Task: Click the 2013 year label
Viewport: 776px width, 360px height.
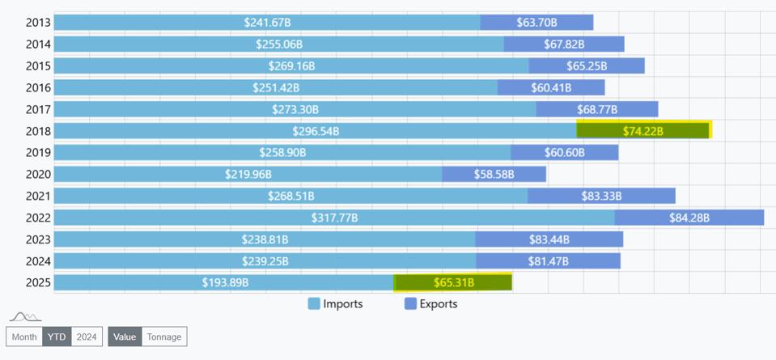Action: point(38,23)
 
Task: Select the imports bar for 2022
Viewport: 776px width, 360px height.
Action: point(334,218)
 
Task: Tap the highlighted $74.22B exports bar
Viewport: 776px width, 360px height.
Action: point(643,131)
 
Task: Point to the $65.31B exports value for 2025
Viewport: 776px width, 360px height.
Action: point(453,282)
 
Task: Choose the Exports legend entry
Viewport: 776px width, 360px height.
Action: point(430,304)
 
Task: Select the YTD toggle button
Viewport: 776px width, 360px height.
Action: point(57,337)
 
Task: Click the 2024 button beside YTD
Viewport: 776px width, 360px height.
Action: point(87,337)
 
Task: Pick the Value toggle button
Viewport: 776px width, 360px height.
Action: point(125,337)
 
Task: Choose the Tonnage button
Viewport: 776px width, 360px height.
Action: point(164,337)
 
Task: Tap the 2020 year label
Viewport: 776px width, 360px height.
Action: point(38,174)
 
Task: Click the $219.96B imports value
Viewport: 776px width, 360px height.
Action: point(248,174)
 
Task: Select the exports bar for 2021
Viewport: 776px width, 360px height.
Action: point(601,196)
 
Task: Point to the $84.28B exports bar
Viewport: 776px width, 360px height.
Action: point(689,218)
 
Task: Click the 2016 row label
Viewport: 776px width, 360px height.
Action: point(38,87)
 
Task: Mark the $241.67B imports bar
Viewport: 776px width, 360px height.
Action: point(267,23)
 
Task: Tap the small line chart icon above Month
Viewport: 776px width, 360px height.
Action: point(25,316)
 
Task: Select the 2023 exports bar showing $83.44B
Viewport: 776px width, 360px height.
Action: point(549,239)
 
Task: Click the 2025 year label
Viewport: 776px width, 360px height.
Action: point(38,282)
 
